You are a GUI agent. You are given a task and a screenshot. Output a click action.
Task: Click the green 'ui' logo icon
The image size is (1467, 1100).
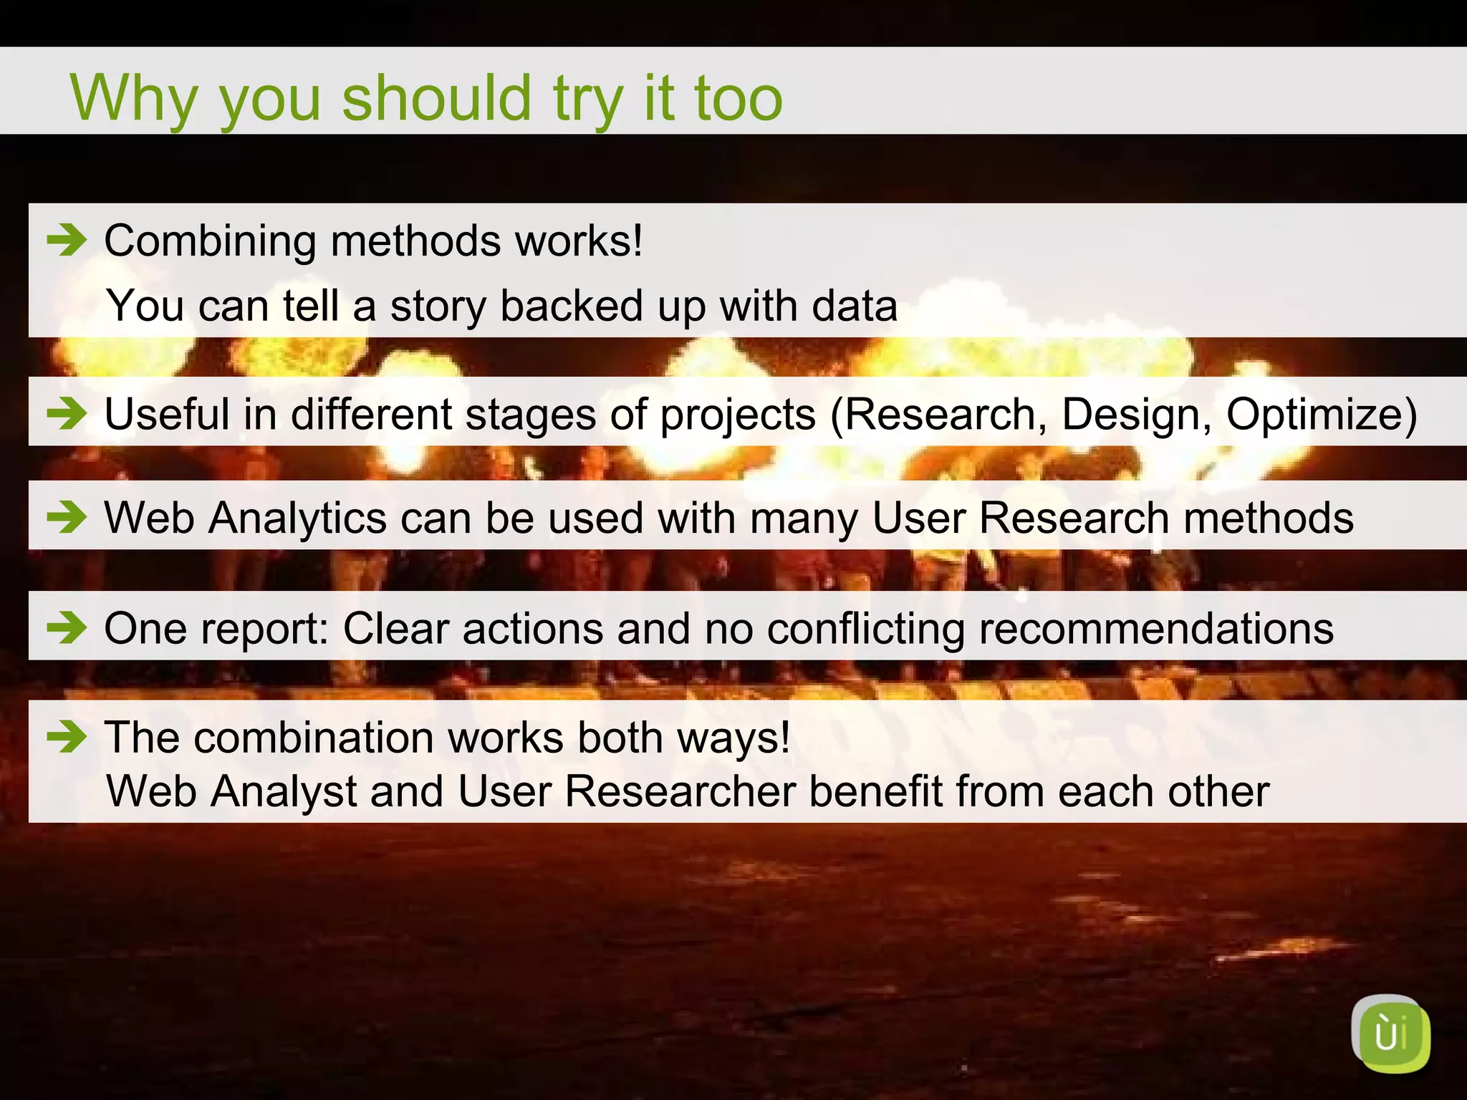[x=1390, y=1034]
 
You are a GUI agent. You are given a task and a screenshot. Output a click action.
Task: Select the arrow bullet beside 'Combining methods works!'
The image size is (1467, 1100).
[x=67, y=240]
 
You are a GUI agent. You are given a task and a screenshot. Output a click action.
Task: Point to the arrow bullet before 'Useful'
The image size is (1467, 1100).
[x=67, y=413]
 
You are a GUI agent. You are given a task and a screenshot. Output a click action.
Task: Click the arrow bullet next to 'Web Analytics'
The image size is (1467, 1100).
[x=67, y=516]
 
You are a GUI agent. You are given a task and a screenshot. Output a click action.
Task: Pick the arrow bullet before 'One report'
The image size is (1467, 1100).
[x=67, y=627]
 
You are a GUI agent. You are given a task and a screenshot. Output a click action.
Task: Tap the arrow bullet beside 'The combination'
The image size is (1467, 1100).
[x=67, y=736]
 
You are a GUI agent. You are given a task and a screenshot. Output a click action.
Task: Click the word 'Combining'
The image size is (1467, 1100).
[x=210, y=241]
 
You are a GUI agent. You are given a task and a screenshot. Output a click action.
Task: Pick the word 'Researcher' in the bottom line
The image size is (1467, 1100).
[x=680, y=791]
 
